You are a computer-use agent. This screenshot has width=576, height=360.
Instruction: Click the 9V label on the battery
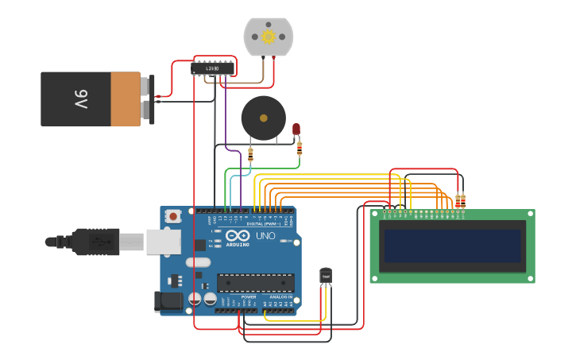(x=81, y=99)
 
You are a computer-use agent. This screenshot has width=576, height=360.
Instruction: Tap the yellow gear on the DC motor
(x=268, y=36)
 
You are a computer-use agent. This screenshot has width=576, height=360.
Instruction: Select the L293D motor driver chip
(x=212, y=69)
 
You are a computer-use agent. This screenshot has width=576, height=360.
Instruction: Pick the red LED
(x=296, y=128)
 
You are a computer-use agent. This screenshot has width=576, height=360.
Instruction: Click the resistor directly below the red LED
(x=299, y=148)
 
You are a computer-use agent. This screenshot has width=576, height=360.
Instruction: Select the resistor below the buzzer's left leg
(x=250, y=154)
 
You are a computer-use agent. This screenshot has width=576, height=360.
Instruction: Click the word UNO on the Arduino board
(x=265, y=236)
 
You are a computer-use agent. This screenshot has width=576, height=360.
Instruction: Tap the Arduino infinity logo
(x=238, y=235)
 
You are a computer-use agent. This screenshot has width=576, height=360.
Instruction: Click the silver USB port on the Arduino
(x=163, y=242)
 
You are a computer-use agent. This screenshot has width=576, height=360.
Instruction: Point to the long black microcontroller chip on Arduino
(x=255, y=282)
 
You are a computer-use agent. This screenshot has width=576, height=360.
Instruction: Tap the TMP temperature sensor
(x=326, y=275)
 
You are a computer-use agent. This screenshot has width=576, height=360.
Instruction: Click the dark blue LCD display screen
(x=452, y=246)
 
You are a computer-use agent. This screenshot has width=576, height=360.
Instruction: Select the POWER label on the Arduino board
(x=249, y=296)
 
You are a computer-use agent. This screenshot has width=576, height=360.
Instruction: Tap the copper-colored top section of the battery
(x=126, y=99)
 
